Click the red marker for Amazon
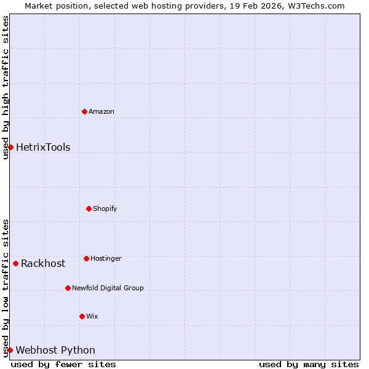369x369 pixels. click(84, 111)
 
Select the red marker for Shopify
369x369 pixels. click(89, 208)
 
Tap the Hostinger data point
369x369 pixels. click(86, 258)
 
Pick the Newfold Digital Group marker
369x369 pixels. click(68, 288)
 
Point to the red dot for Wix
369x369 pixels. click(82, 316)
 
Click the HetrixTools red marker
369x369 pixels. click(10, 147)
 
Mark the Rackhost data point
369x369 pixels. click(15, 263)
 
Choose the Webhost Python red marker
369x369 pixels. click(10, 350)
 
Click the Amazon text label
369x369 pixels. click(101, 111)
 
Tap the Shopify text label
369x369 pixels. click(105, 208)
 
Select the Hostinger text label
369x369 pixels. click(106, 258)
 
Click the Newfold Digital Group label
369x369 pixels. click(108, 288)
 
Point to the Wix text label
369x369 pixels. click(92, 316)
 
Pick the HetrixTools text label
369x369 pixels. click(43, 147)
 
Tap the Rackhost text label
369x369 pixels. click(43, 263)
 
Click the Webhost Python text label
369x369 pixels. click(55, 350)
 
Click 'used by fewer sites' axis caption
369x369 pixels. click(63, 364)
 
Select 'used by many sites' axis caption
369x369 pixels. click(309, 364)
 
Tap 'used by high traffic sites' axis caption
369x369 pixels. click(6, 87)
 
